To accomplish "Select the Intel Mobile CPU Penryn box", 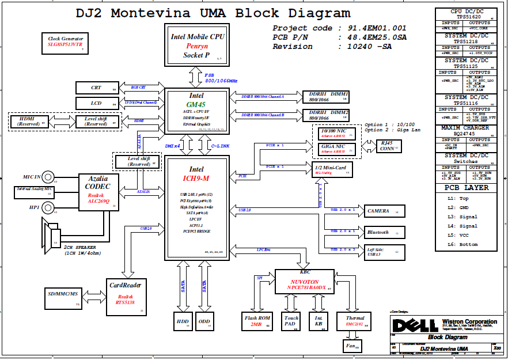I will pos(197,46).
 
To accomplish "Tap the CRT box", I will pos(97,88).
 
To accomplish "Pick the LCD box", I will pos(97,104).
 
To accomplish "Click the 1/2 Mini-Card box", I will pos(332,169).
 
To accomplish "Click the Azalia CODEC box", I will pos(99,192).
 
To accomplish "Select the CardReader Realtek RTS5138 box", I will pos(126,297).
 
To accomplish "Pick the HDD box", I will pos(183,321).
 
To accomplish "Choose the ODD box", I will pos(204,321).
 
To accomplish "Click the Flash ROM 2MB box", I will pos(256,321).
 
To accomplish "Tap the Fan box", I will pos(351,346).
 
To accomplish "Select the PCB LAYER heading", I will pos(467,188).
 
